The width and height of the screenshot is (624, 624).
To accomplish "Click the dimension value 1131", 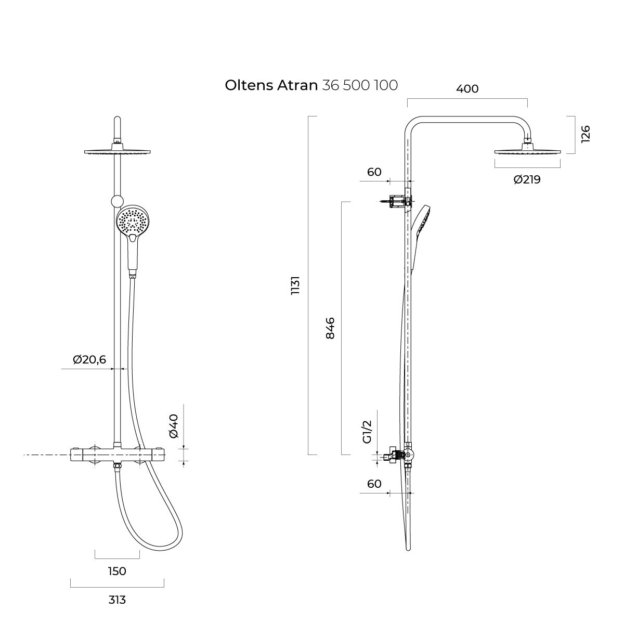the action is [296, 285].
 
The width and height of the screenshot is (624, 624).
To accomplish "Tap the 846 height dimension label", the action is [330, 328].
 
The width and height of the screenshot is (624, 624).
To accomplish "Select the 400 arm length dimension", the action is [467, 89].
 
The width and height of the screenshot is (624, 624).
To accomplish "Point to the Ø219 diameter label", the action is [527, 179].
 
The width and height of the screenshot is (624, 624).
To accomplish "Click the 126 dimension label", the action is [586, 134].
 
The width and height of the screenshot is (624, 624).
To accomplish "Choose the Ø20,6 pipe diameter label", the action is [89, 359].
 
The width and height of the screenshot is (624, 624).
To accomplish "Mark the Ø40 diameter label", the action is [174, 426].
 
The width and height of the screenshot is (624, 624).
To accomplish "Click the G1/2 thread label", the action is [368, 432].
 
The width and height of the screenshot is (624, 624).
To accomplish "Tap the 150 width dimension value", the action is [117, 571].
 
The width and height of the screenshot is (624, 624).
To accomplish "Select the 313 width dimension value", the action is [117, 600].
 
